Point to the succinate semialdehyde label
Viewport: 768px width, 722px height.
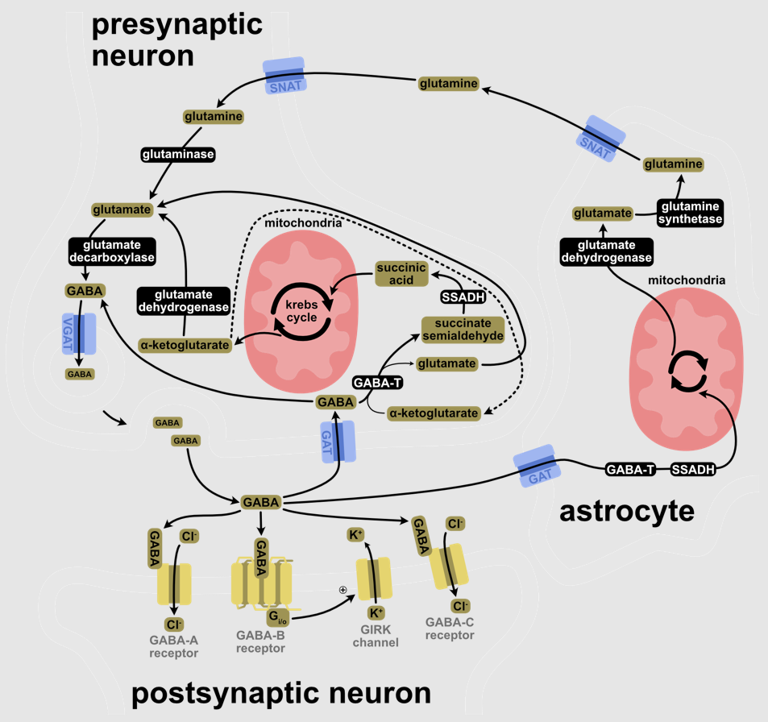[462, 329]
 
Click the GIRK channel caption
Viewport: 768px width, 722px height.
[376, 636]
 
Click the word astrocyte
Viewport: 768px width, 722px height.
[626, 510]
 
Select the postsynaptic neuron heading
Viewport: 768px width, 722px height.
[281, 693]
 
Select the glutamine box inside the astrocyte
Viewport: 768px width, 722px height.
[672, 164]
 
